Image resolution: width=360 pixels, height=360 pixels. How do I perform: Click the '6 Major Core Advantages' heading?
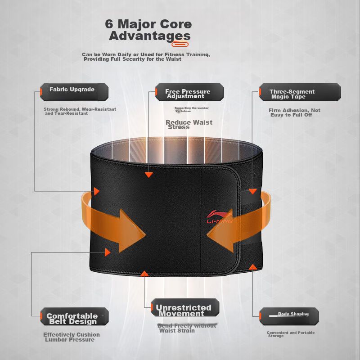pyautogui.click(x=148, y=30)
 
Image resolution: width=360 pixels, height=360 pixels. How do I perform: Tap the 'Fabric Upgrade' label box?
pyautogui.click(x=74, y=91)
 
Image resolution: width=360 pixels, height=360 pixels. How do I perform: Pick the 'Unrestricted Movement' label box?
pyautogui.click(x=184, y=309)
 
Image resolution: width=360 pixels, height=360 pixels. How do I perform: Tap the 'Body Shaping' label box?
pyautogui.click(x=289, y=316)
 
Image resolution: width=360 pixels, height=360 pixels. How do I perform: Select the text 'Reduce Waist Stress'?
pyautogui.click(x=189, y=125)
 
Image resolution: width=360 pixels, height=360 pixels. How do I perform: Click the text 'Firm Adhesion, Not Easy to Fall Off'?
pyautogui.click(x=294, y=112)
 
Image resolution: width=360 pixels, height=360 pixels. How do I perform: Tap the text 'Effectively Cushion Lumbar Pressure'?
pyautogui.click(x=72, y=337)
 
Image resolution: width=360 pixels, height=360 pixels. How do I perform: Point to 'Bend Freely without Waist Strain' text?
pyautogui.click(x=186, y=328)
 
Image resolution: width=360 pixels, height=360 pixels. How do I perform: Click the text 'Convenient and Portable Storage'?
pyautogui.click(x=290, y=334)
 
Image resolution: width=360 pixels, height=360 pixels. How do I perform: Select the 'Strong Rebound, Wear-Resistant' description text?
pyautogui.click(x=80, y=111)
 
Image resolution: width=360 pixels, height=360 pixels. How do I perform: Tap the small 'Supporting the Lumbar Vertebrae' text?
pyautogui.click(x=191, y=109)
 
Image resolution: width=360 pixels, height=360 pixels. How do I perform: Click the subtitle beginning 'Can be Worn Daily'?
pyautogui.click(x=146, y=57)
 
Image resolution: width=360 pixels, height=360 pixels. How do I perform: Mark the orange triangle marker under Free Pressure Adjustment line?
pyautogui.click(x=148, y=174)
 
